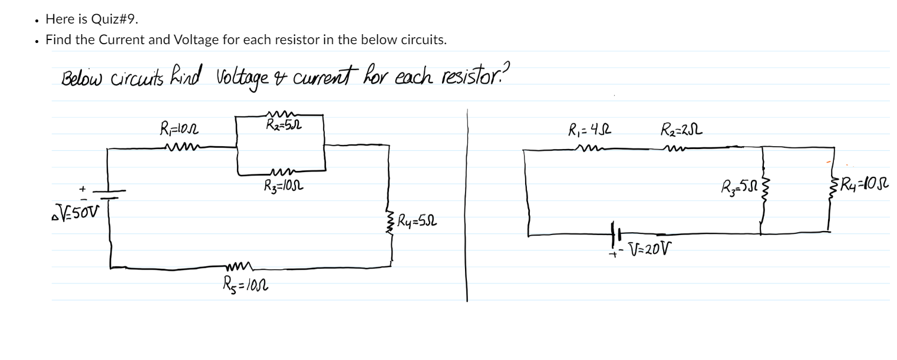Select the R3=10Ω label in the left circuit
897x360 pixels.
pos(283,186)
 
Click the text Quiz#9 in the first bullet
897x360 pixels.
pos(114,19)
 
